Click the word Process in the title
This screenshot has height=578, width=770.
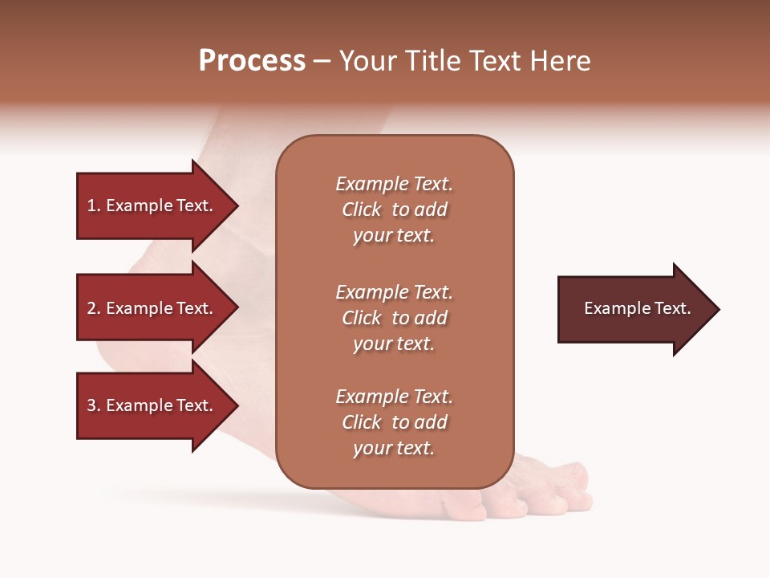tap(252, 61)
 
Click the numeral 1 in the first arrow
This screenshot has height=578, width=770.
tap(91, 206)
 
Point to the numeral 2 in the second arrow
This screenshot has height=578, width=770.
tap(91, 308)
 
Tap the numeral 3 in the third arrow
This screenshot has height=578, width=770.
tap(91, 405)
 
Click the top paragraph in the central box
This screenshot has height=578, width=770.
tap(394, 210)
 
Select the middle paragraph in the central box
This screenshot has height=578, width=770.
tap(394, 318)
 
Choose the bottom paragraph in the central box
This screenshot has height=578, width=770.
tap(394, 422)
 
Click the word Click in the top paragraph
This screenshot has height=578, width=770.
tap(362, 210)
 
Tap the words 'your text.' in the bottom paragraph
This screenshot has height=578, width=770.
tap(394, 448)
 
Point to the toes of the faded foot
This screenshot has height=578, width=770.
tap(553, 490)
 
